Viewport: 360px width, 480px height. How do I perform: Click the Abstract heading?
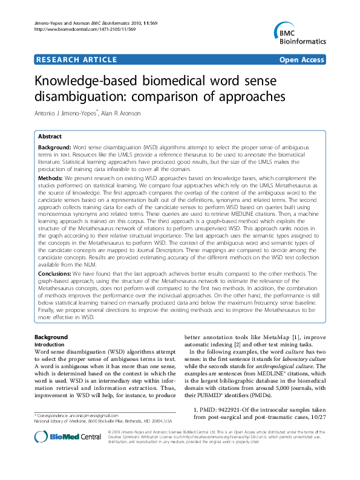coord(50,137)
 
